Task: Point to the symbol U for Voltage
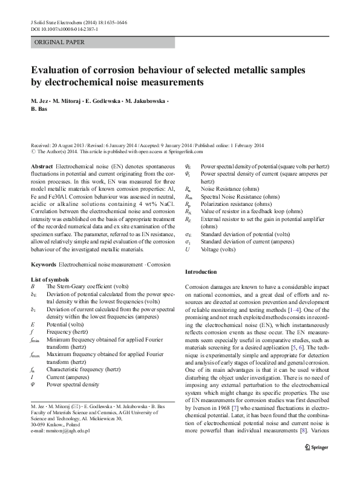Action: [x=188, y=248]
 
